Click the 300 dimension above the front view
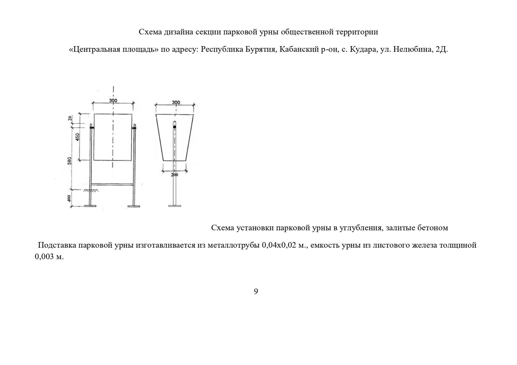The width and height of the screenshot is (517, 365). click(x=113, y=101)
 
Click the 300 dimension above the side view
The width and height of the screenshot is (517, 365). click(x=176, y=102)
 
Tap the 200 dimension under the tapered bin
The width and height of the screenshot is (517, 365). click(x=174, y=175)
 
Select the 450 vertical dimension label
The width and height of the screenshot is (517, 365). click(x=78, y=136)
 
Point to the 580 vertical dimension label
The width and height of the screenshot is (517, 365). click(x=70, y=161)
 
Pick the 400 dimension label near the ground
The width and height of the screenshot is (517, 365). click(x=70, y=199)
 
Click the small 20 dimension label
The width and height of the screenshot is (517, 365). click(x=70, y=118)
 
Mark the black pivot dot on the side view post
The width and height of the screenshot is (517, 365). click(x=174, y=127)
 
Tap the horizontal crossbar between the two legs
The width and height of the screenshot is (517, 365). click(x=112, y=184)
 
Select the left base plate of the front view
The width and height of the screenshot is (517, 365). click(x=90, y=206)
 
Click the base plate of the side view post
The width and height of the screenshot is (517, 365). click(x=175, y=206)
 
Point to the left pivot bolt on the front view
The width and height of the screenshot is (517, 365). click(x=91, y=127)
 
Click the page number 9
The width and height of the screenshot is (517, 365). click(x=256, y=292)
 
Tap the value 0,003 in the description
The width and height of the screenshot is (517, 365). click(x=44, y=257)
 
